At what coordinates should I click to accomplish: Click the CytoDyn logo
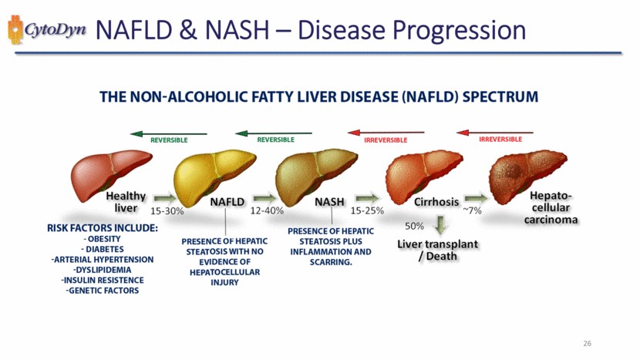coord(46,30)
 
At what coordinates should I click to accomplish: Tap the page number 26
coord(587,343)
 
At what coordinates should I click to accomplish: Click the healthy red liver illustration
coord(111,176)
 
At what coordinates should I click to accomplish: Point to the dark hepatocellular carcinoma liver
coord(527,177)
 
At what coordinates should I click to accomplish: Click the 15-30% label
coord(167,211)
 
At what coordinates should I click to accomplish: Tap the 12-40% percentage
coord(267,210)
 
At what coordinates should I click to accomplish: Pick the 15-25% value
coord(367,210)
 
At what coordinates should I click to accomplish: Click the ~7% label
coord(472,210)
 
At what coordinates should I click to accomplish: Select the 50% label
coord(414,226)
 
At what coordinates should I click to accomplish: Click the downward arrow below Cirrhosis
coord(440,225)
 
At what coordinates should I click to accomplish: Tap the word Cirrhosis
coord(436,202)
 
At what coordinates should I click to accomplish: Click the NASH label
coord(329,202)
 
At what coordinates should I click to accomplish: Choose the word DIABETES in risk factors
coord(105,249)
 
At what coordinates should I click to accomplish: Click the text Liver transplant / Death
coord(437,250)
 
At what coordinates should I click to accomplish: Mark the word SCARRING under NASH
coord(331,262)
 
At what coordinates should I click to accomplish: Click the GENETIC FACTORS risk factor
coord(103,291)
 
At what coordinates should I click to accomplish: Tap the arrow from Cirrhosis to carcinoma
coord(476,198)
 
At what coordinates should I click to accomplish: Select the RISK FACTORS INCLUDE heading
coord(103,227)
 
